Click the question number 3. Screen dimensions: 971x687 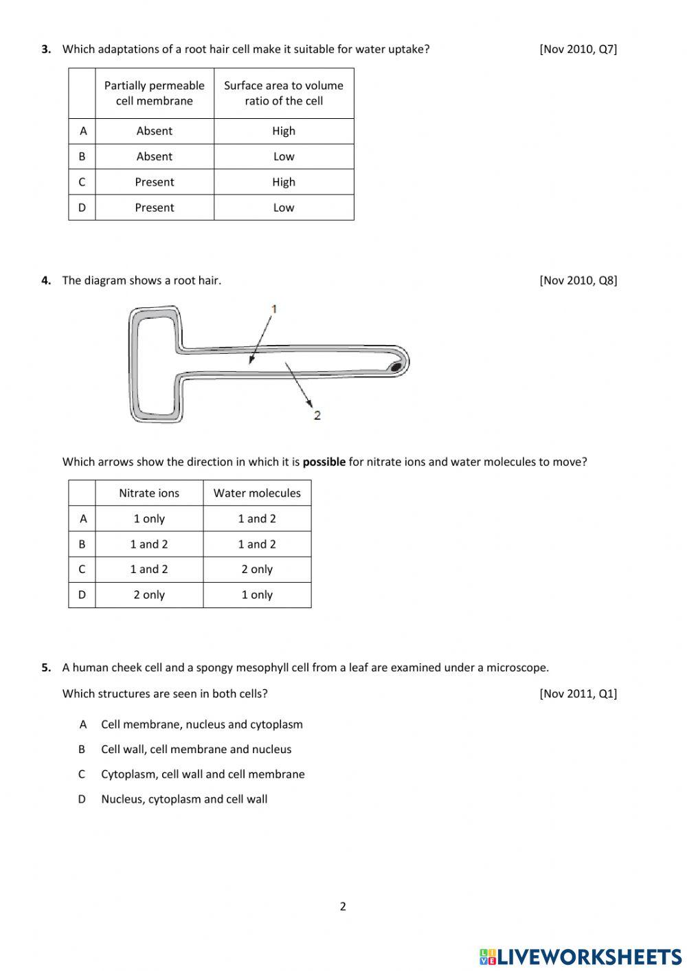click(x=45, y=49)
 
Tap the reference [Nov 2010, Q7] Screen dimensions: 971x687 click(x=578, y=49)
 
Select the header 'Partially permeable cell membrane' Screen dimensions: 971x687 click(x=154, y=93)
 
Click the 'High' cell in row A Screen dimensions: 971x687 click(x=283, y=131)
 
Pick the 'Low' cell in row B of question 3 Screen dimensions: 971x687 click(x=283, y=156)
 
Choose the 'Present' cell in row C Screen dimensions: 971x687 click(x=154, y=181)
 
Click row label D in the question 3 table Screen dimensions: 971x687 click(x=82, y=207)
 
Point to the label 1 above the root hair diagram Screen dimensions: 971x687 click(x=274, y=309)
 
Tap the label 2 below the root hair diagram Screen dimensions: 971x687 click(x=317, y=415)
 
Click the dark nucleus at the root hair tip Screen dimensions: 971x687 click(x=396, y=367)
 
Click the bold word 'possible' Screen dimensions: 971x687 click(x=324, y=462)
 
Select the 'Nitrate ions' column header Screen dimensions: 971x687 click(x=148, y=493)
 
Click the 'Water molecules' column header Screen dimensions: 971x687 click(x=257, y=493)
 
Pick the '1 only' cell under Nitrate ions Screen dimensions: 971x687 click(x=148, y=518)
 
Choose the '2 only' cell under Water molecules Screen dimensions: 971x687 click(x=257, y=569)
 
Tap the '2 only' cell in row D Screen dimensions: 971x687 click(x=148, y=594)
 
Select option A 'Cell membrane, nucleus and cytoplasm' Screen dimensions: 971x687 click(x=201, y=724)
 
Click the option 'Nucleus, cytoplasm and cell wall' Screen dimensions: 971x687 click(x=184, y=799)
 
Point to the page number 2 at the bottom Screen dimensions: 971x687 click(x=343, y=906)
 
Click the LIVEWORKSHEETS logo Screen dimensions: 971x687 click(x=581, y=956)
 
